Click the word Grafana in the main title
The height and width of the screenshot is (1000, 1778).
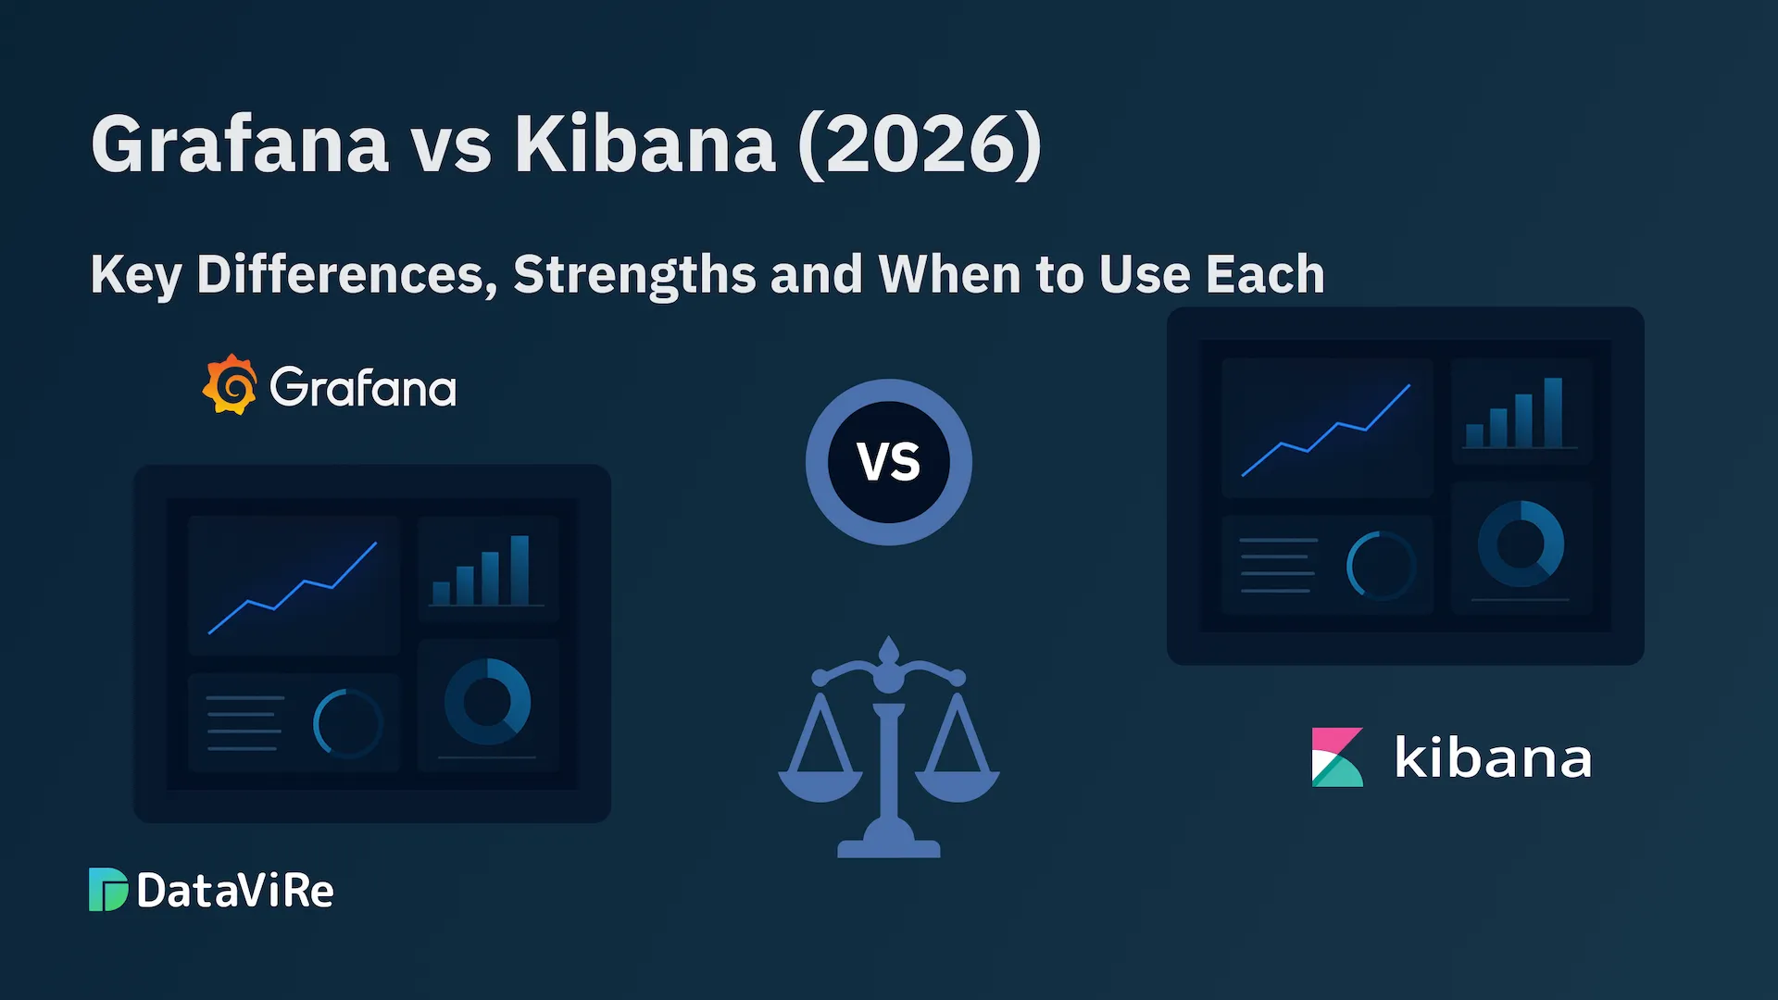(x=240, y=144)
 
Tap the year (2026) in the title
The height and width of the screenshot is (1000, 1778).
(x=920, y=144)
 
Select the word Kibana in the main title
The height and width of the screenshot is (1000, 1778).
(x=645, y=144)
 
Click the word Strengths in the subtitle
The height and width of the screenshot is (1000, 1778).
(x=634, y=275)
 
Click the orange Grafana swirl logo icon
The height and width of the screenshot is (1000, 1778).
(x=230, y=384)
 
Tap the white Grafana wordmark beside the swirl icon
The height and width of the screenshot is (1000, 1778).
(x=363, y=388)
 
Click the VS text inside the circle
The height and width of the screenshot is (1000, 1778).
(x=888, y=462)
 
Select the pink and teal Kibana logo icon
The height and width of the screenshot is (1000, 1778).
(x=1337, y=757)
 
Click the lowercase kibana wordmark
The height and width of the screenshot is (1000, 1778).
(x=1493, y=758)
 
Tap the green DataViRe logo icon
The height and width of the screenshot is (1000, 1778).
(x=107, y=890)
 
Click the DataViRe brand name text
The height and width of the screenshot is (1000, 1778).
(x=235, y=891)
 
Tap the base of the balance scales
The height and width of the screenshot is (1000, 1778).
(x=889, y=846)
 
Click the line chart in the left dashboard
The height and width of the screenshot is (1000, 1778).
(x=293, y=589)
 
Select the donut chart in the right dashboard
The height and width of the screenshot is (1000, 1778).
(x=1521, y=544)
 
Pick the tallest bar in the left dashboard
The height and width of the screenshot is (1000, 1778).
(x=520, y=569)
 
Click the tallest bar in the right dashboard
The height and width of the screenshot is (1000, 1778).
(x=1553, y=412)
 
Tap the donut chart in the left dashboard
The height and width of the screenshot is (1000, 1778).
(x=487, y=701)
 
